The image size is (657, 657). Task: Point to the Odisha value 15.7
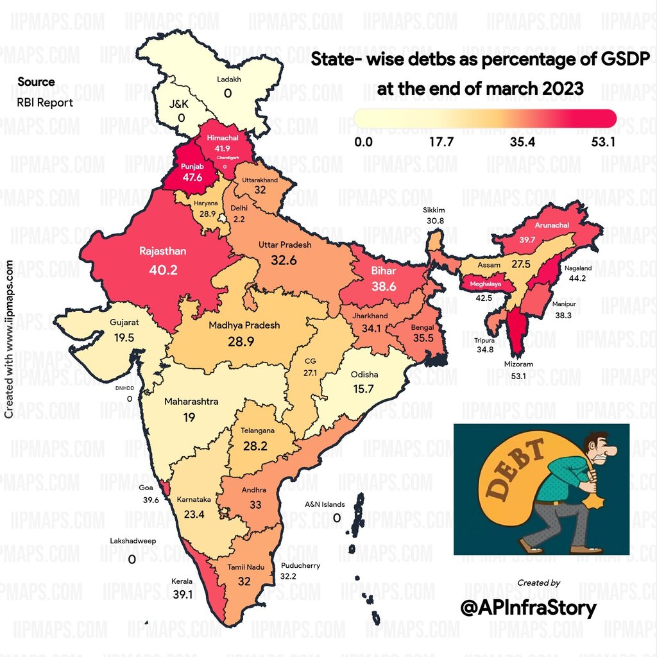(x=364, y=389)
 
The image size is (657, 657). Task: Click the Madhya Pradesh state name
(x=244, y=325)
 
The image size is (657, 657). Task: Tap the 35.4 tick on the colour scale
(x=522, y=142)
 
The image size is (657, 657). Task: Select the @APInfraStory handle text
(x=529, y=608)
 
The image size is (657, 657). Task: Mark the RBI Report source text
(x=45, y=102)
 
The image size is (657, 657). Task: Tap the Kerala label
(x=182, y=582)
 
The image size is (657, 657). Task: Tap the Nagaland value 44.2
(x=578, y=278)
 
